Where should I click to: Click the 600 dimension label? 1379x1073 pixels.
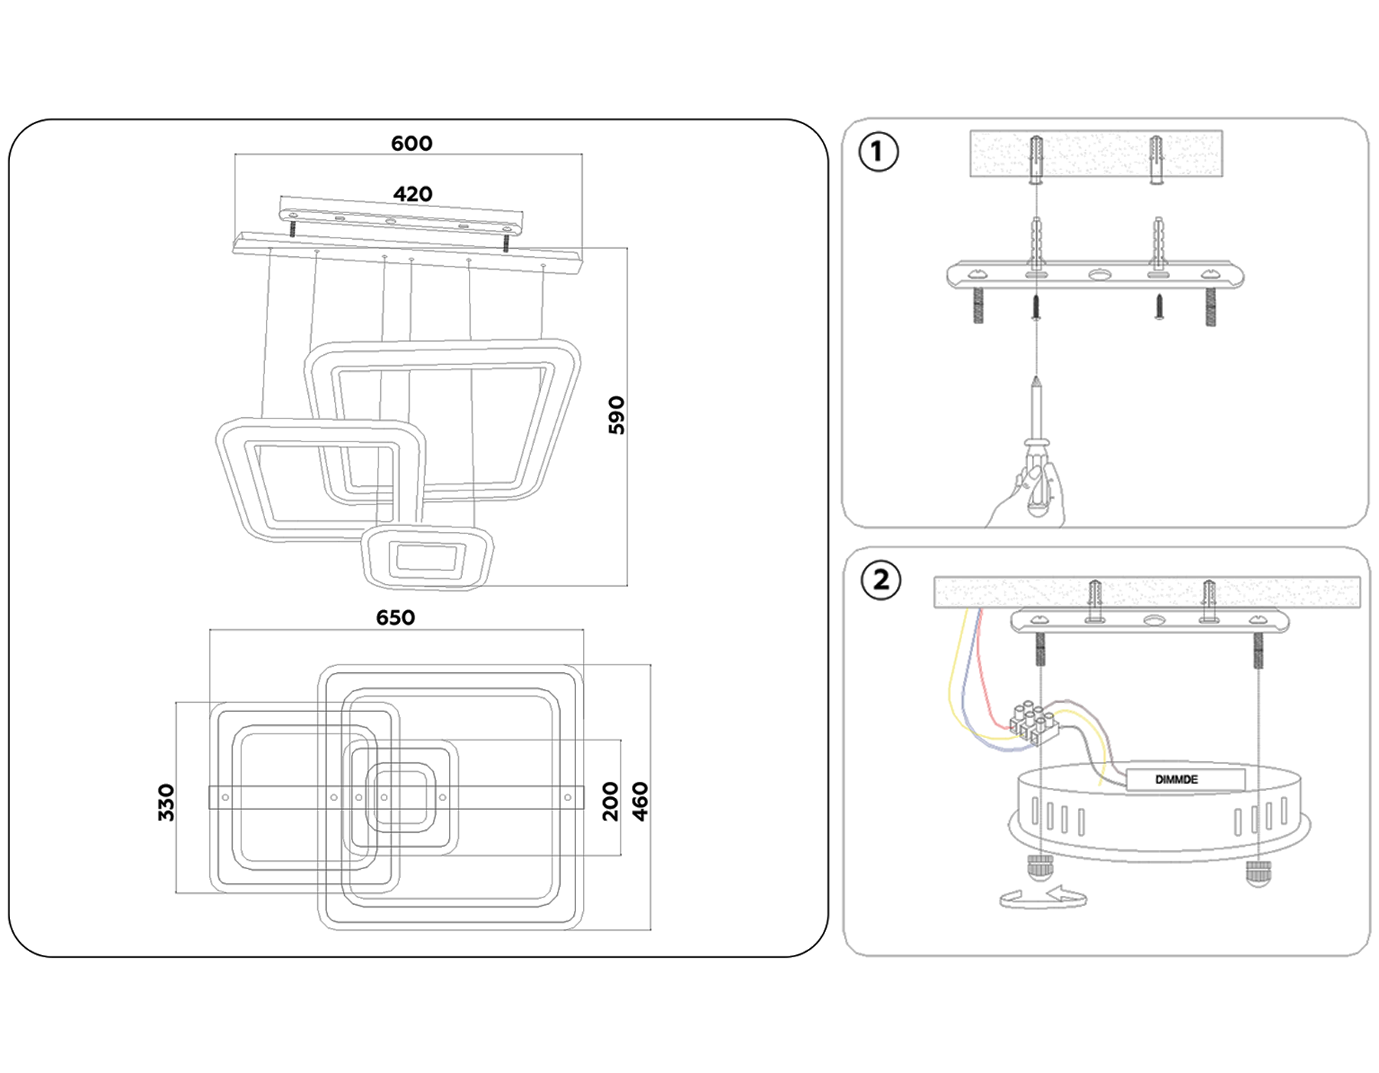click(x=411, y=143)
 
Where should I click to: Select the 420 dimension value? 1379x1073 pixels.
click(x=412, y=194)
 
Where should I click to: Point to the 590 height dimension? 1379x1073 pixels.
click(x=617, y=415)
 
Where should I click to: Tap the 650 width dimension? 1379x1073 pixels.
click(x=395, y=618)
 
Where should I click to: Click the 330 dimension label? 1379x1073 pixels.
click(x=166, y=802)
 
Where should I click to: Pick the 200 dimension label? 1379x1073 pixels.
click(x=610, y=802)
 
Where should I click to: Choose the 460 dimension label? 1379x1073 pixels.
click(x=640, y=802)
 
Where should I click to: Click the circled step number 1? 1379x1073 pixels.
click(x=878, y=152)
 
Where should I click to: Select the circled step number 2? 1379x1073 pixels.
click(x=880, y=580)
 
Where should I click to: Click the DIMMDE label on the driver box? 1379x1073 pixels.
click(x=1177, y=779)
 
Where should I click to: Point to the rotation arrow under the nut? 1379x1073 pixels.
click(x=1043, y=897)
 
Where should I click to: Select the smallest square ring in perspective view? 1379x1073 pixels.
click(x=427, y=557)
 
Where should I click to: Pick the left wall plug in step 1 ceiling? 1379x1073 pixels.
click(x=1036, y=159)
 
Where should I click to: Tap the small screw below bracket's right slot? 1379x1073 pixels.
click(x=1159, y=307)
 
